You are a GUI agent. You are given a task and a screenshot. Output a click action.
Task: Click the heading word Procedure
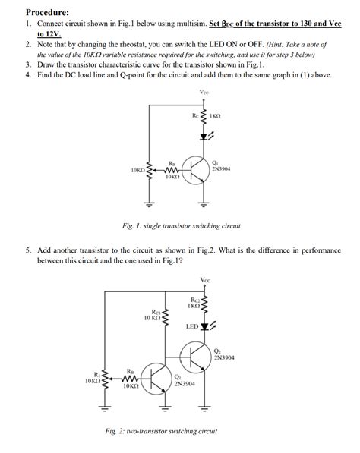tap(47, 12)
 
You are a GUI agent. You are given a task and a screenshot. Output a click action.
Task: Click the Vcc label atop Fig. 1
tap(204, 93)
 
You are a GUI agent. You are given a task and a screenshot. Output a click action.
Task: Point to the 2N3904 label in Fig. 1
tap(222, 170)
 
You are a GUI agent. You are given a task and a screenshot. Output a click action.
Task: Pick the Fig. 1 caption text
tap(182, 225)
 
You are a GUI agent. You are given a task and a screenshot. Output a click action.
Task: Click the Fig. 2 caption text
tap(161, 431)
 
